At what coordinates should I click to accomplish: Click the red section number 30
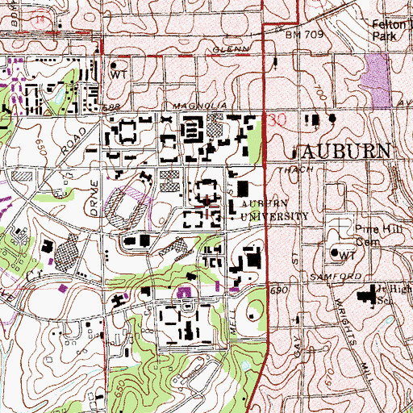point(278,119)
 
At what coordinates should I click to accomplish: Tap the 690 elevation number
point(279,289)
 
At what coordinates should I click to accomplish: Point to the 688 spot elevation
point(117,106)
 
